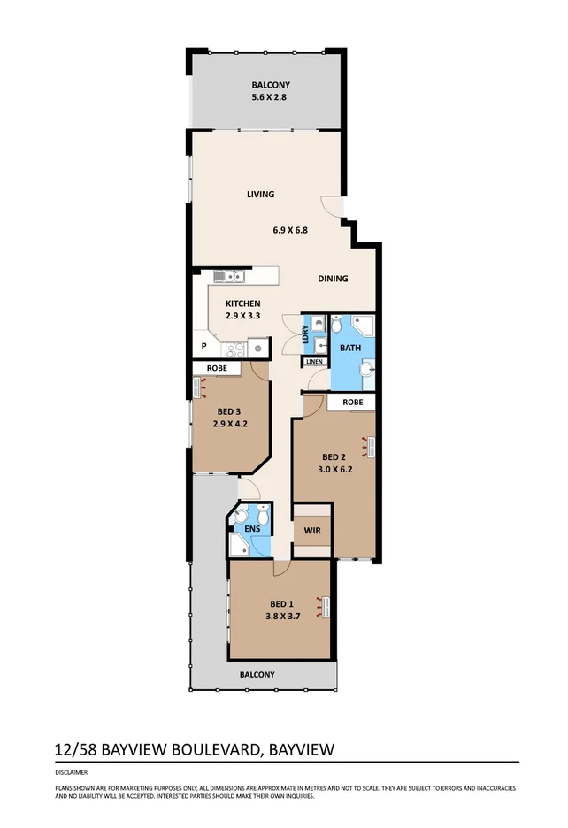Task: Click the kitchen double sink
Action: (x=229, y=276)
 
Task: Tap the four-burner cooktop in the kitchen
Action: (x=234, y=348)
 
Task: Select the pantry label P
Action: (x=203, y=347)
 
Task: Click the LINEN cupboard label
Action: (x=314, y=362)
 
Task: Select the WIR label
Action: (x=311, y=531)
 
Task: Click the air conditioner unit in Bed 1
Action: (x=326, y=607)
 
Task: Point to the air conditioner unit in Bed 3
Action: (x=198, y=387)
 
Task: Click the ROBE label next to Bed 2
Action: (x=352, y=402)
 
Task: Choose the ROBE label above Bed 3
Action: (x=218, y=367)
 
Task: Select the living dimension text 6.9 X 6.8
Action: (x=290, y=230)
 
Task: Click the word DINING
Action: (x=333, y=279)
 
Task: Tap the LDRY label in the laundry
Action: (x=305, y=333)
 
